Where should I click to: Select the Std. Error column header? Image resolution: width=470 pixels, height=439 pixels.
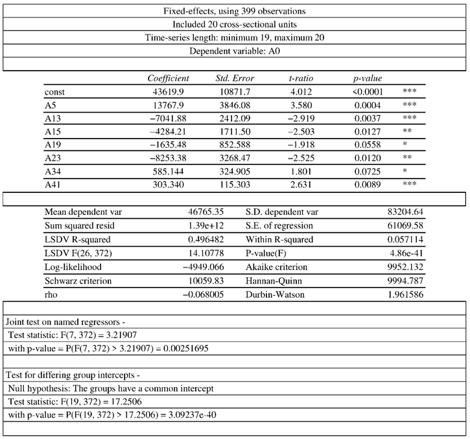(235, 78)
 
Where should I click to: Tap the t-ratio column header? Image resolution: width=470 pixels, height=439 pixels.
(301, 78)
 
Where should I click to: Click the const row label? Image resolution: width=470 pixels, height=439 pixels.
(56, 93)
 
